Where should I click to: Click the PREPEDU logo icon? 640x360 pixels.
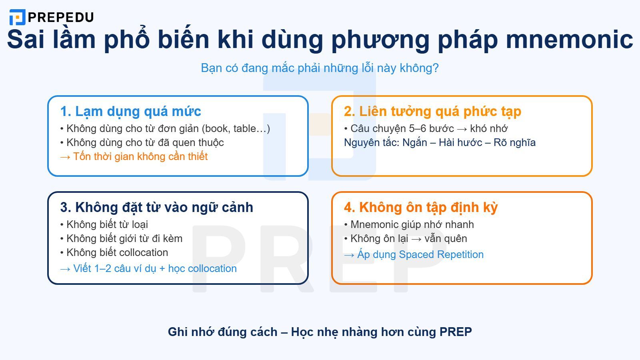[17, 17]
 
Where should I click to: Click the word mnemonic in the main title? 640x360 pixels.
[569, 39]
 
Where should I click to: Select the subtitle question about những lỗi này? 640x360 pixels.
[320, 68]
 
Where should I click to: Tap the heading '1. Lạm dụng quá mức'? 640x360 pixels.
[130, 111]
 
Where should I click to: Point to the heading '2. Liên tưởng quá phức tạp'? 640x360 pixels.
[432, 111]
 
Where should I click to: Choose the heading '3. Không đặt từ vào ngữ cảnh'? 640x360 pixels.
[156, 207]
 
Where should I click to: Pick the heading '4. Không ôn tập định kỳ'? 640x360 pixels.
[421, 207]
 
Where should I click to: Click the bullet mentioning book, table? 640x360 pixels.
[165, 128]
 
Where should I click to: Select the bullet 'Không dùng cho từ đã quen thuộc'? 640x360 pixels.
[142, 142]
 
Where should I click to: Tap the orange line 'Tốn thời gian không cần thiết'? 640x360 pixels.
[134, 156]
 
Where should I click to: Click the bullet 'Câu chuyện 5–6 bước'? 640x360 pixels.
[426, 128]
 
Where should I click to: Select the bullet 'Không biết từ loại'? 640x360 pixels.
[104, 224]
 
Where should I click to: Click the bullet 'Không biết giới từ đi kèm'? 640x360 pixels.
[121, 238]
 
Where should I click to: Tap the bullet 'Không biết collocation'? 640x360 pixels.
[114, 252]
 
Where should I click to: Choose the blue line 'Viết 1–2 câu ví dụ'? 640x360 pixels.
[148, 268]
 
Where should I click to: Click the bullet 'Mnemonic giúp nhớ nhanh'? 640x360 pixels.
[409, 224]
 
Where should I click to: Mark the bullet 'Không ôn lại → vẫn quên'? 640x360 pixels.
[406, 238]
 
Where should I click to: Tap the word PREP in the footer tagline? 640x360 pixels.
[456, 332]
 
